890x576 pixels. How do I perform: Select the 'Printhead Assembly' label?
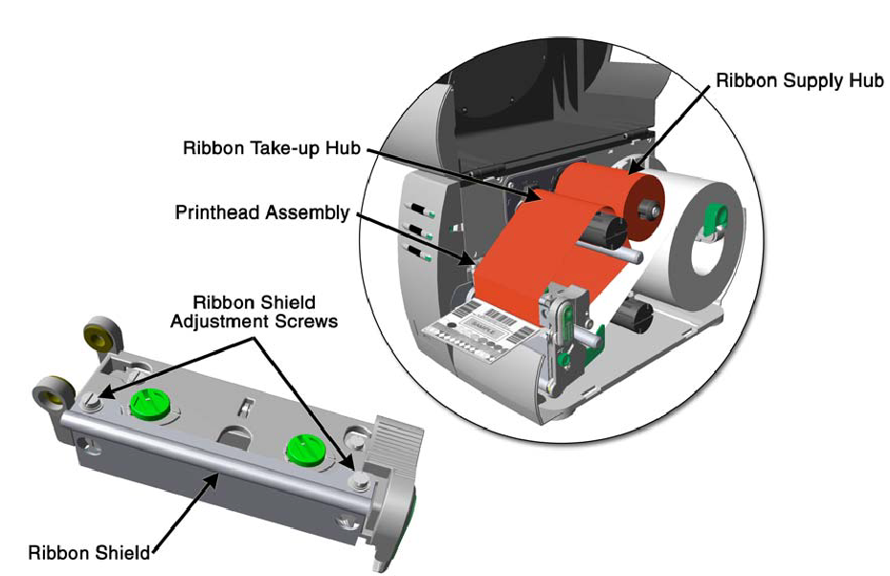click(x=262, y=211)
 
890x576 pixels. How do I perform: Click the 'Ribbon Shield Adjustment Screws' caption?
click(x=254, y=313)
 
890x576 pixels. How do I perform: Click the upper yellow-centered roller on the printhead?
click(x=100, y=335)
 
